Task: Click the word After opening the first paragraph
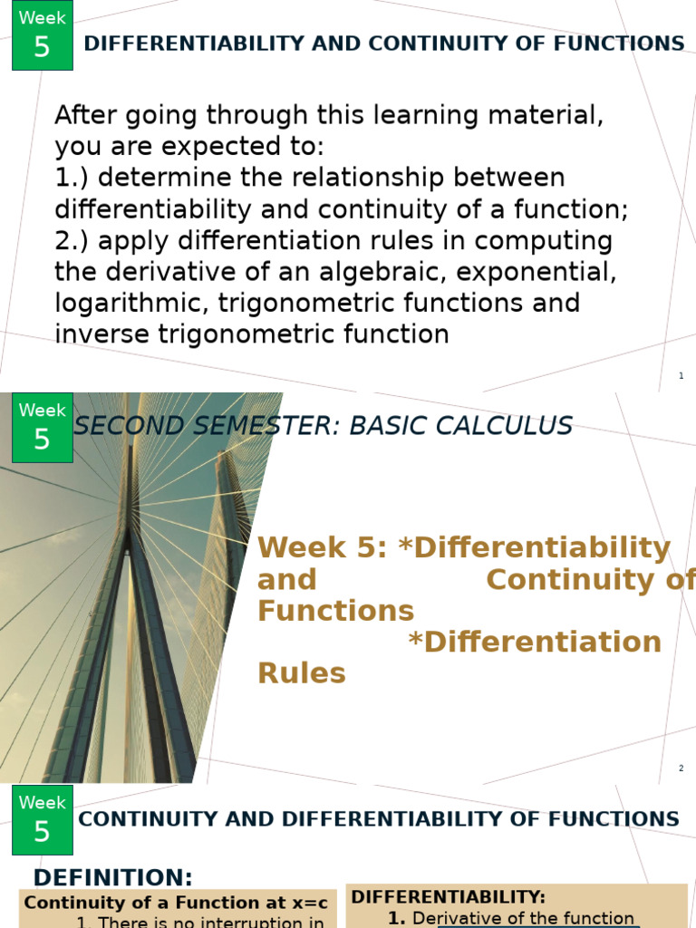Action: [89, 116]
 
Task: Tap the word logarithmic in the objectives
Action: [136, 303]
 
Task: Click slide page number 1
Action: [681, 376]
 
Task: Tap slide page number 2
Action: [681, 768]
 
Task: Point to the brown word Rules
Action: [302, 673]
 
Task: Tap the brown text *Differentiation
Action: [535, 642]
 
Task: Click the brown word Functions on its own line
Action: [335, 610]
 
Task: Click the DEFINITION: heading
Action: [113, 877]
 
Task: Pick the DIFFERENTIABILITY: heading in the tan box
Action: [449, 897]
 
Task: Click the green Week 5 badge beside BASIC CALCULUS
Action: [42, 428]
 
